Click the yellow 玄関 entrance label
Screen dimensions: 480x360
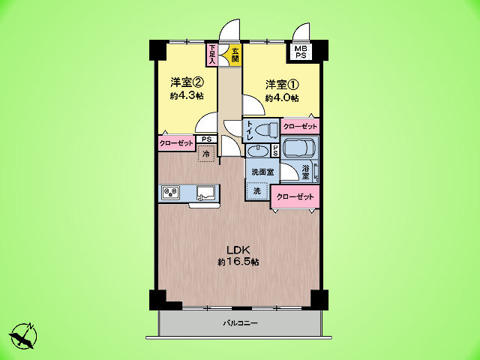point(235,55)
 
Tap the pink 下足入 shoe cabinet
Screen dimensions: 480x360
point(213,55)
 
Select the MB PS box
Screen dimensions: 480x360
point(300,52)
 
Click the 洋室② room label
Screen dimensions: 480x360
point(187,82)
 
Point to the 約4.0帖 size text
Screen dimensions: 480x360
point(282,98)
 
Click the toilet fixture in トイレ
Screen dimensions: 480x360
point(266,130)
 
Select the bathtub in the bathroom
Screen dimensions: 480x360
point(298,148)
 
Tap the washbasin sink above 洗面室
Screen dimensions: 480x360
point(257,151)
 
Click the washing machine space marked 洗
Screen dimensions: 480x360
point(257,191)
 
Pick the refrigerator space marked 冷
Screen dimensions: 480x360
point(207,153)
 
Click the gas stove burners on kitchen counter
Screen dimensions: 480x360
point(170,192)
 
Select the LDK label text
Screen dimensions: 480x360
point(238,250)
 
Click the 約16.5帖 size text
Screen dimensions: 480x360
point(238,262)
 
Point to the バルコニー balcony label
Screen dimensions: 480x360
point(240,323)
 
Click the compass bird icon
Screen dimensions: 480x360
point(23,336)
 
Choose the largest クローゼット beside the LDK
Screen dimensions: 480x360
point(295,196)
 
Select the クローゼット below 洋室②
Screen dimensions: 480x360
point(177,143)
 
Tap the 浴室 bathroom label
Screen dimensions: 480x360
point(305,172)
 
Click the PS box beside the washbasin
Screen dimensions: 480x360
point(275,151)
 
